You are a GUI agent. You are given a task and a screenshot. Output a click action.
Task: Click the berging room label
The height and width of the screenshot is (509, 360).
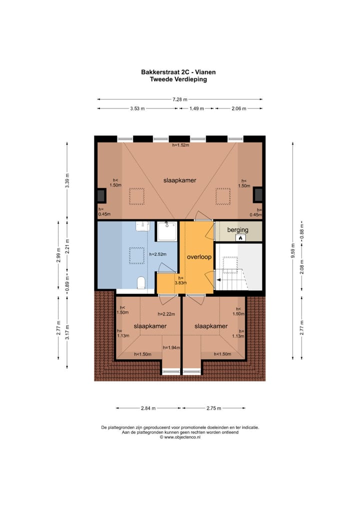[x=237, y=230]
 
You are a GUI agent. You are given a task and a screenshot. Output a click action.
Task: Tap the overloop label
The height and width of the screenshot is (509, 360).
[x=199, y=257]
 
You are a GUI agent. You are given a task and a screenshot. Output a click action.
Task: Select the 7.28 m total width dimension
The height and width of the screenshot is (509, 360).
[x=180, y=99]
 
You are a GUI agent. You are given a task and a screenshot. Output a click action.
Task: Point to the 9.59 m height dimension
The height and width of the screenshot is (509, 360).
[x=293, y=250]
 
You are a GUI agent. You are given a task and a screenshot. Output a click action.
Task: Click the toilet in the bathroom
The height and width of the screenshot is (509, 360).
[x=141, y=282]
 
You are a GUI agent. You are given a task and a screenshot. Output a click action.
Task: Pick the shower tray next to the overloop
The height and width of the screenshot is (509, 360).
[x=167, y=231]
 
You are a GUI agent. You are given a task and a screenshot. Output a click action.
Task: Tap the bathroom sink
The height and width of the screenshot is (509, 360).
[x=142, y=226]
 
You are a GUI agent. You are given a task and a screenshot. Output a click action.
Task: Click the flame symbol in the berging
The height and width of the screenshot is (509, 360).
[x=240, y=238]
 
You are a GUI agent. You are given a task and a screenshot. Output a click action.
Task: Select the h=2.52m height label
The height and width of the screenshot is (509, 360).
[x=158, y=254]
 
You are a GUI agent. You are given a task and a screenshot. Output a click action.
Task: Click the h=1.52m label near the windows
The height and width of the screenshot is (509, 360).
[x=180, y=145]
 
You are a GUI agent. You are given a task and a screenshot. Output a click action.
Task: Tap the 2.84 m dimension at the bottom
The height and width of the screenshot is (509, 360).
[x=148, y=408]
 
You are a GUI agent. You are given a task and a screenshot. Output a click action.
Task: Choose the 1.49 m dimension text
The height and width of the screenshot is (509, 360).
[x=196, y=108]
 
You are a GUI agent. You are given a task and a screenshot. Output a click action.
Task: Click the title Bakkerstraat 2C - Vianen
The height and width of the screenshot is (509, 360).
[x=178, y=72]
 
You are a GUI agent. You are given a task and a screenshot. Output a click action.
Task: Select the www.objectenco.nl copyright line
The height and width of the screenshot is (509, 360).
[x=180, y=437]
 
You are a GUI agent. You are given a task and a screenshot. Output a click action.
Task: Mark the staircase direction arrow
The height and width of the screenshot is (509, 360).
[x=218, y=280]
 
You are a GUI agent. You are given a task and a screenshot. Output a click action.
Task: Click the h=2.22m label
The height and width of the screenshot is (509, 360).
[x=166, y=314]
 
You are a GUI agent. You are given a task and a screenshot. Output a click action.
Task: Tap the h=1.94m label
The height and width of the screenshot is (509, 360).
[x=171, y=347]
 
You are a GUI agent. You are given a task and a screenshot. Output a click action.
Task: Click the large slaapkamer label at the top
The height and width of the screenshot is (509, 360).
[x=179, y=180]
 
